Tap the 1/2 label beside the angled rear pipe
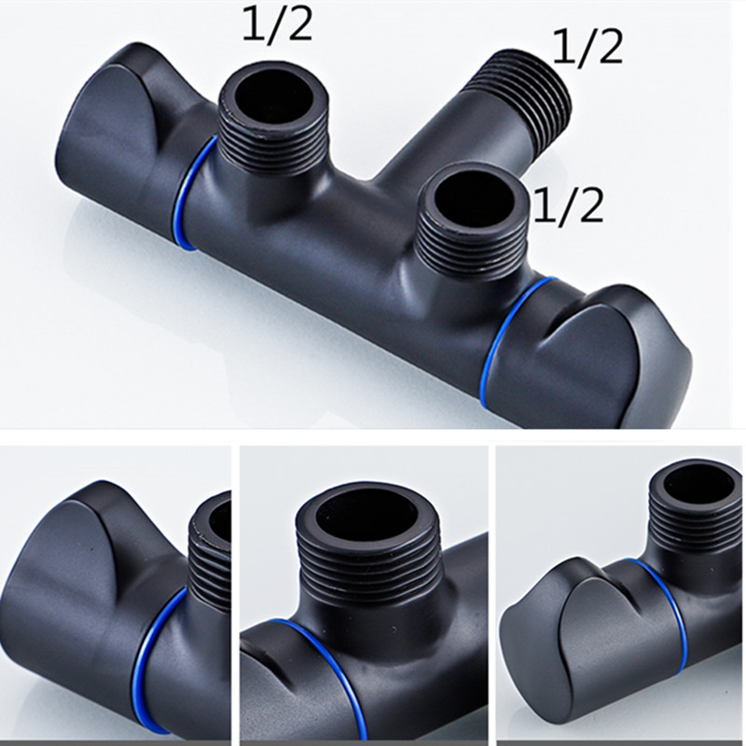[587, 48]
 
